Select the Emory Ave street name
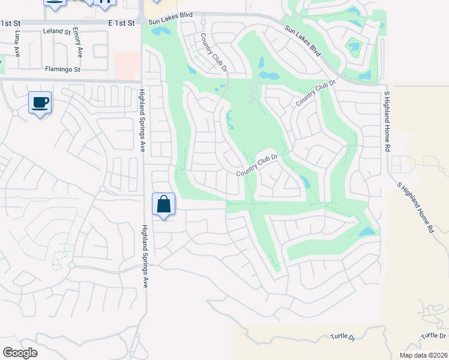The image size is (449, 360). coord(76,38)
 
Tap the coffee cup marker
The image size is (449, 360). coord(40,103)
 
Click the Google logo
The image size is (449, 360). coord(20,353)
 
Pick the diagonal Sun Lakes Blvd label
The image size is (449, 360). coord(303,40)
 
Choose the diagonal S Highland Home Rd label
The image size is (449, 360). coord(415,207)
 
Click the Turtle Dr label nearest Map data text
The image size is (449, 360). coord(433,335)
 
